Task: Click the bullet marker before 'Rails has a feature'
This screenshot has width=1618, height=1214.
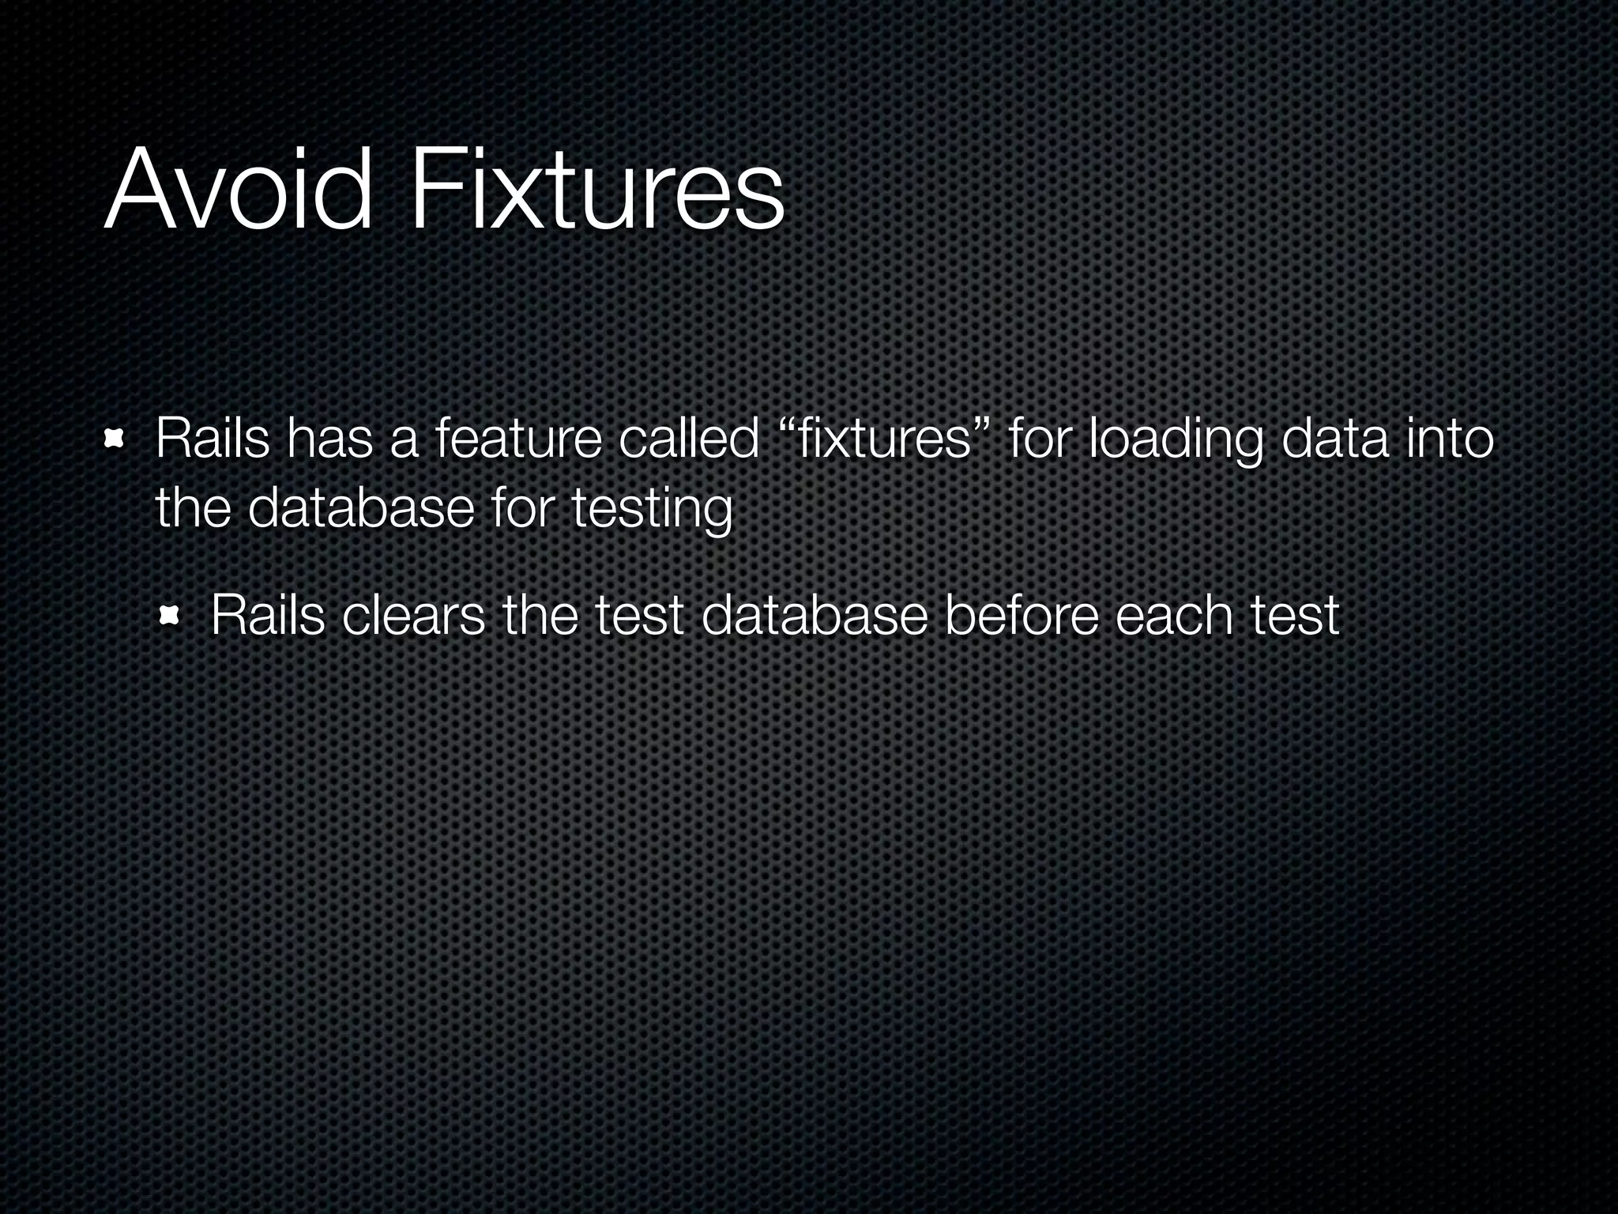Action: pos(116,439)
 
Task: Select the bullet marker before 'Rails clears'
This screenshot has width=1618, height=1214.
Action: pos(171,616)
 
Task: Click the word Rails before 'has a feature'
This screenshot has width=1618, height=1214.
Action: pos(212,439)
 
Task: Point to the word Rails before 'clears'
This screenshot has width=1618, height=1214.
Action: pos(268,616)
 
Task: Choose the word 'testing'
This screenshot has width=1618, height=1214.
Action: pos(652,510)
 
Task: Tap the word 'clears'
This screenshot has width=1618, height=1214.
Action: pos(413,616)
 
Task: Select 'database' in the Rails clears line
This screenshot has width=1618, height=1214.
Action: pos(814,616)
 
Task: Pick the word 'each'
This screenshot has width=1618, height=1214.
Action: pos(1174,616)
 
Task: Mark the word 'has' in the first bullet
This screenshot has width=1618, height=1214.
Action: pos(329,439)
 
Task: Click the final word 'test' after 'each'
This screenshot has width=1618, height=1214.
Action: pos(1295,616)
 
